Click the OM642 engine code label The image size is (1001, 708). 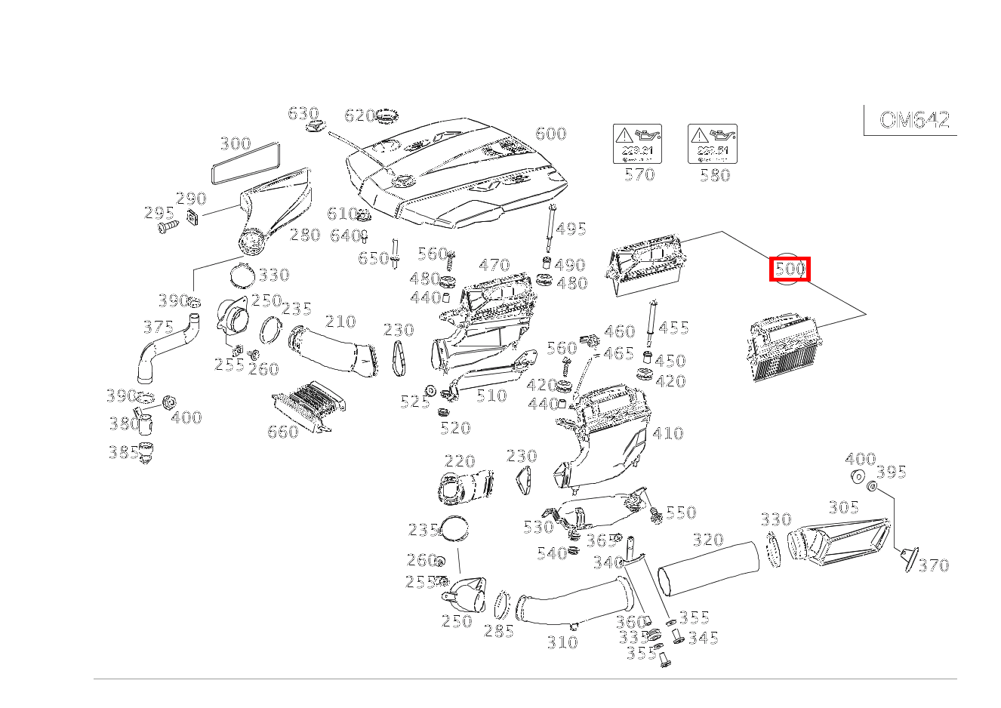point(914,120)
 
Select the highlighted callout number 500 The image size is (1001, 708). point(790,269)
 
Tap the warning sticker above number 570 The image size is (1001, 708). point(636,144)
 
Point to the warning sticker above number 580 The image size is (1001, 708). point(712,144)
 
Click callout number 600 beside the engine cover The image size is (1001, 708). point(550,134)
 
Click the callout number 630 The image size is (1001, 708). point(303,113)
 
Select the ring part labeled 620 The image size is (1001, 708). point(387,118)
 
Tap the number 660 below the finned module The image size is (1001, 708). point(283,432)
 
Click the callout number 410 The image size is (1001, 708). point(668,433)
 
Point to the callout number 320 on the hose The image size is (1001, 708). point(708,540)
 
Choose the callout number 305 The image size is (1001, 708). point(843,507)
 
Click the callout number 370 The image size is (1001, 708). point(933,565)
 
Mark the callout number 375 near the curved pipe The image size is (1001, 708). point(159,327)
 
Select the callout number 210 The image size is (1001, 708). point(340,322)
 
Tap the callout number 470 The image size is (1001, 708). point(494,265)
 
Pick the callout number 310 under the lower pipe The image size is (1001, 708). point(562,642)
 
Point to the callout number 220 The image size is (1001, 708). point(460,461)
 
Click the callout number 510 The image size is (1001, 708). point(491,396)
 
